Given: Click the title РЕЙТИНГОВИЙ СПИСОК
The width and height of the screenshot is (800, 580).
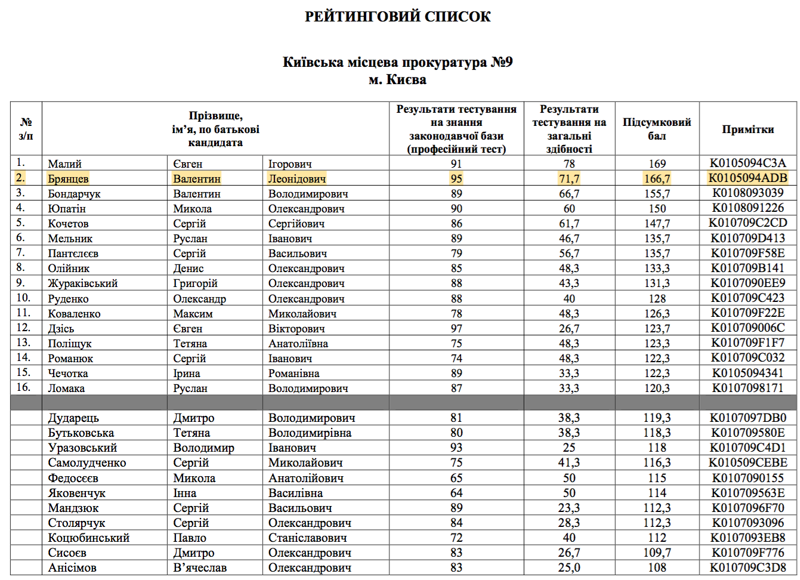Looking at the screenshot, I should tap(397, 17).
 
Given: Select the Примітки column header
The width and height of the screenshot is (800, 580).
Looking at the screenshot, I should tap(748, 129).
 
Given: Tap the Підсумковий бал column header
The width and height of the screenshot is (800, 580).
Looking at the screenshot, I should tap(657, 129).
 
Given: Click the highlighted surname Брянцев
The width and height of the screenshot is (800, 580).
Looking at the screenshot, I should tap(68, 178).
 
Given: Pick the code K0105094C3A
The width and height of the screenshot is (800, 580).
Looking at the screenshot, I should tap(748, 163).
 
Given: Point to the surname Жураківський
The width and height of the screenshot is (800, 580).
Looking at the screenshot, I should tap(82, 283).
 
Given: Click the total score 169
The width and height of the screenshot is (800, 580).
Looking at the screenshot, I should tap(657, 163).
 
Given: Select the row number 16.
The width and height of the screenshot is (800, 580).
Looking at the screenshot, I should tap(23, 387).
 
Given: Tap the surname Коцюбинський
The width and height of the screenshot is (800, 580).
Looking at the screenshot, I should tap(88, 538).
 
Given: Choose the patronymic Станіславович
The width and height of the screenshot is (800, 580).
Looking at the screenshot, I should tap(307, 538).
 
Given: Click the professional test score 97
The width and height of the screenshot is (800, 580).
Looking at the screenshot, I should tap(456, 328).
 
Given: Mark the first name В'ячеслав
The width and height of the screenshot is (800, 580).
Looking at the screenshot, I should tap(200, 567).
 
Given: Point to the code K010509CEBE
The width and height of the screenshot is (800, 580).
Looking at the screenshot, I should tap(748, 462).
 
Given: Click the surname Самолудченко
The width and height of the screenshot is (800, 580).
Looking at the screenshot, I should tap(87, 462).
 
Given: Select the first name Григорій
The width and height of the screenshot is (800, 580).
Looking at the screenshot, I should tap(195, 283).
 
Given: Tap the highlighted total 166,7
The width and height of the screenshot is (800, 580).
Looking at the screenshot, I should tap(657, 178).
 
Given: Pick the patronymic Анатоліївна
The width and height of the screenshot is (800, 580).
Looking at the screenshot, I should tap(298, 343).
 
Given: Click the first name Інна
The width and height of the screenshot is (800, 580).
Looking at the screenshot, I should tap(184, 493).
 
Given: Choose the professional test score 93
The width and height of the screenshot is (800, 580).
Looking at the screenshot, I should tap(456, 448).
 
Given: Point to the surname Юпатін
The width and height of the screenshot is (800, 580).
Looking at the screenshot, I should tap(67, 209).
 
